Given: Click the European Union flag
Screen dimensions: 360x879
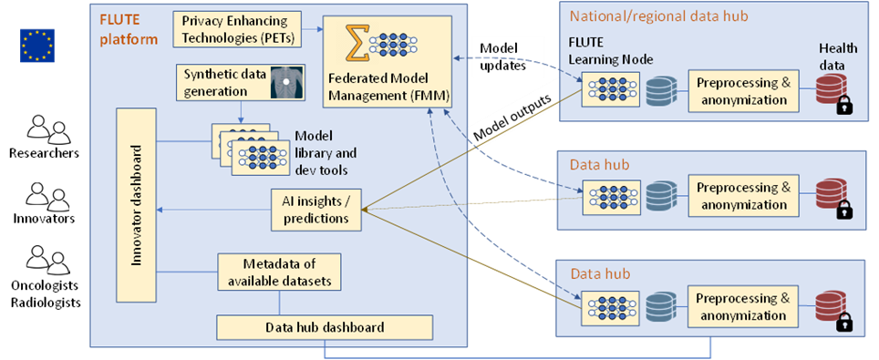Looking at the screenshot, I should (x=37, y=46).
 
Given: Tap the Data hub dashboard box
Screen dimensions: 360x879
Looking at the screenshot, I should (x=324, y=326).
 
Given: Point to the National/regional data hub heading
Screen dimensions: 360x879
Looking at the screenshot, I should (x=648, y=15).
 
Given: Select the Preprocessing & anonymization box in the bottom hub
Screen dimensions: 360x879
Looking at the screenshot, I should (x=741, y=306).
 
